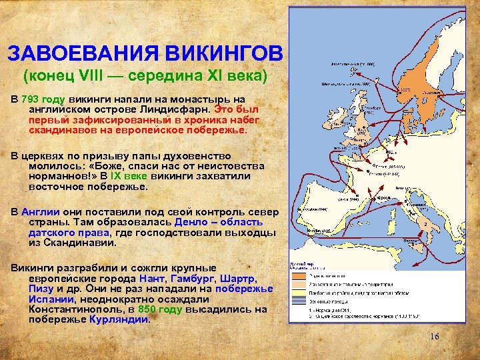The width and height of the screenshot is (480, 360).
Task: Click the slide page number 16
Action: coord(434,337)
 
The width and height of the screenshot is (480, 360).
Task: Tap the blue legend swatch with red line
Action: coord(297,301)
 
